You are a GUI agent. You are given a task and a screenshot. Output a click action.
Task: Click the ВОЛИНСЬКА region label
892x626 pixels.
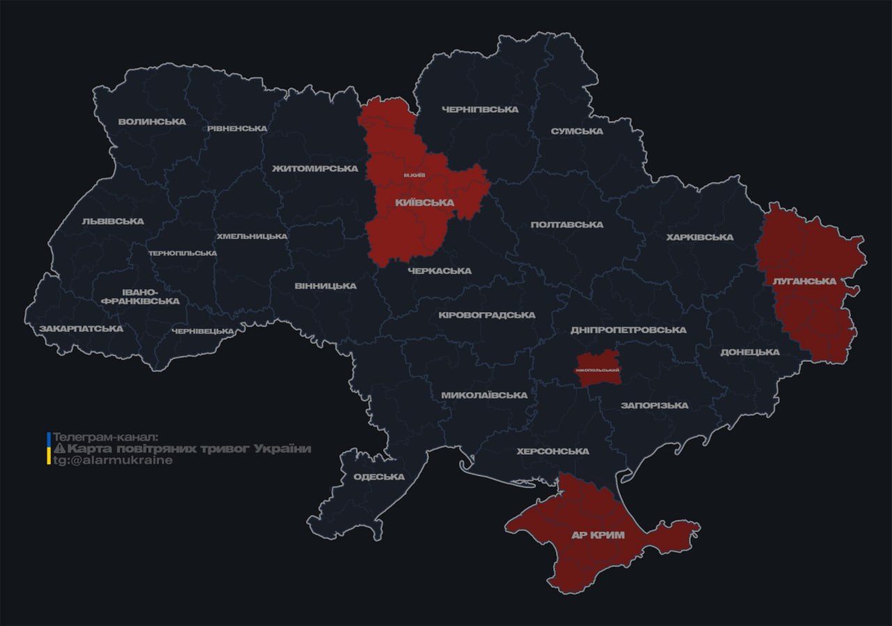point(152,122)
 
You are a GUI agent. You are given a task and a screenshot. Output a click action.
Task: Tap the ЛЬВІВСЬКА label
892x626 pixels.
point(113,222)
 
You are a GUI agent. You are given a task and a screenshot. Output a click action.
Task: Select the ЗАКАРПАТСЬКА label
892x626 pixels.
point(81,328)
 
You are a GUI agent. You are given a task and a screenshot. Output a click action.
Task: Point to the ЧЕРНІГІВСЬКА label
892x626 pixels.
point(480,110)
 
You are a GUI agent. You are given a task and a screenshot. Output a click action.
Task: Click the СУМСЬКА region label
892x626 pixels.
point(576,132)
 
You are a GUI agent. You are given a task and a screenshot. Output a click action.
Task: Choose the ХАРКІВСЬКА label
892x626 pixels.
point(700,238)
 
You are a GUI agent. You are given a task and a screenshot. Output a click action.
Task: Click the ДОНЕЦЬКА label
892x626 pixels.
point(750,352)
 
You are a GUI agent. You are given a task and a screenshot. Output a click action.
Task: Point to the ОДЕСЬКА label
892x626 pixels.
point(378,477)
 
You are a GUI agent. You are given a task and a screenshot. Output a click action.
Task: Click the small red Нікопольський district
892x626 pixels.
point(598,368)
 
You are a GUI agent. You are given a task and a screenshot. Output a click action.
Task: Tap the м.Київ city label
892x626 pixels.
point(415,175)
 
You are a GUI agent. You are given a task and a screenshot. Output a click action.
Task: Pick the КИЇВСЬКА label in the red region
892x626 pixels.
point(424,203)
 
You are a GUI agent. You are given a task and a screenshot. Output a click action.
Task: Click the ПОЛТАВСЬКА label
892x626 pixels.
point(567,224)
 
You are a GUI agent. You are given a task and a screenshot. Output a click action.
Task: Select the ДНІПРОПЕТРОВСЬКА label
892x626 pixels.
point(628,330)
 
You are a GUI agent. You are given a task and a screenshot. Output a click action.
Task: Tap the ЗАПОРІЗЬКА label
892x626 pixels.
point(654,406)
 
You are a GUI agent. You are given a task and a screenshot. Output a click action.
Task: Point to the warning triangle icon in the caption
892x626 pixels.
point(59,449)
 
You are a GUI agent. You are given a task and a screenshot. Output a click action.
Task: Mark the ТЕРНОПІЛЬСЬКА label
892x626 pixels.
point(183,253)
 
